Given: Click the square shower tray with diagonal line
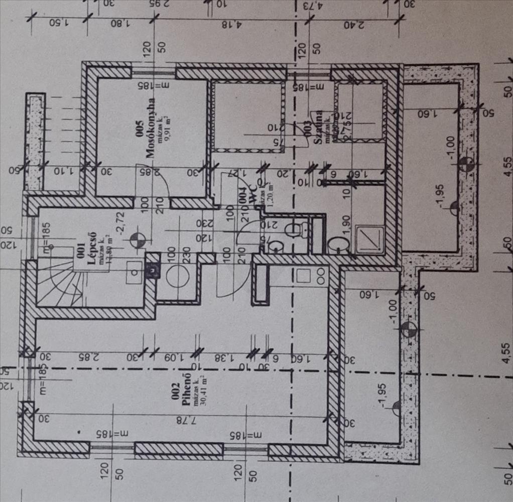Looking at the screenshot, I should point(370,239).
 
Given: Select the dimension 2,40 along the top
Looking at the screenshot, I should point(353,24).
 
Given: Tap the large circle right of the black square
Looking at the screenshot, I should point(177,277).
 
